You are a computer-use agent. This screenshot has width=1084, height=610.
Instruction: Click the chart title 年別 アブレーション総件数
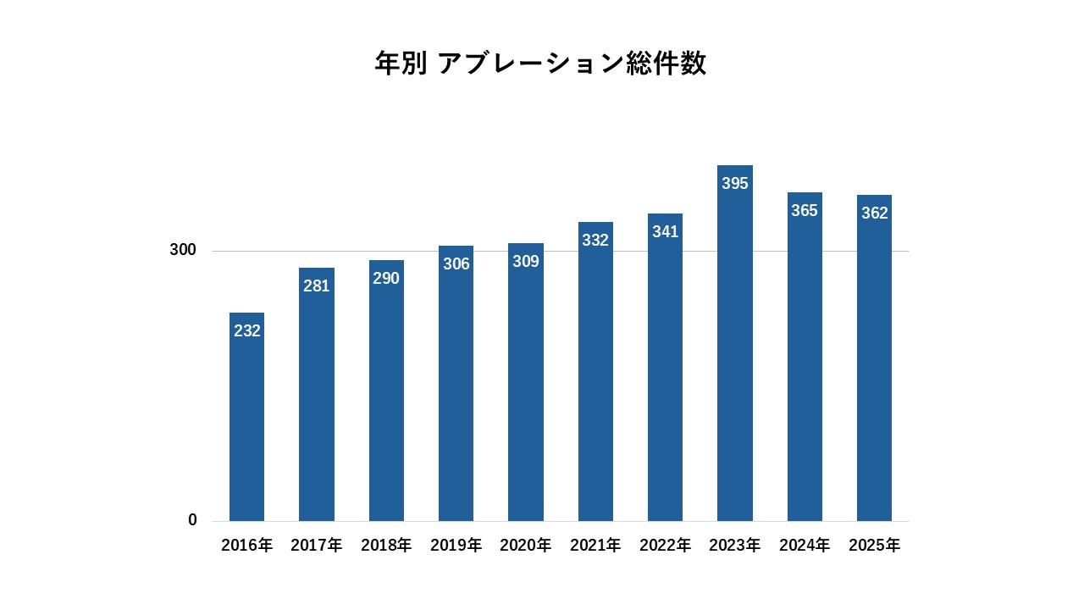tap(540, 64)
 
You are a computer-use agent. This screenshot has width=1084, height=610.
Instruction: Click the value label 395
tap(735, 183)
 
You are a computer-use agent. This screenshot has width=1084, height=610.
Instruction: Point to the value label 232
tap(247, 330)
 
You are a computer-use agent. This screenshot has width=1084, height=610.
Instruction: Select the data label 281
tap(317, 286)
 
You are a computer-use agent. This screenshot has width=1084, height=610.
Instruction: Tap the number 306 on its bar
tap(456, 263)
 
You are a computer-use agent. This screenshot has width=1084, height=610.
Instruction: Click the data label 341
tap(666, 231)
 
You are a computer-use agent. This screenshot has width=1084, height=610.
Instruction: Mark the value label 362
tap(875, 213)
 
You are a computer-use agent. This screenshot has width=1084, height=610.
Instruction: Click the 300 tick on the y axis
tap(183, 250)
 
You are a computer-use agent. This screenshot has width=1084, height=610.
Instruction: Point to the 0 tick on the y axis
tap(192, 520)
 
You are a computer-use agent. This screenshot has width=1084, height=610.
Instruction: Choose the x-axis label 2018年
tap(386, 546)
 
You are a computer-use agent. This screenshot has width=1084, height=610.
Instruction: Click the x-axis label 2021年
tap(595, 546)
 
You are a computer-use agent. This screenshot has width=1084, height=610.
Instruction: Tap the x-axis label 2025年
tap(875, 546)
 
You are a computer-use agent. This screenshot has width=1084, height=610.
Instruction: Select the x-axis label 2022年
tap(666, 546)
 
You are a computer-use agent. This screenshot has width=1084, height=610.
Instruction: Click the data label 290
tap(386, 278)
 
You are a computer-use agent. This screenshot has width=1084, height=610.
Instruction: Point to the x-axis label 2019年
tap(456, 546)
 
